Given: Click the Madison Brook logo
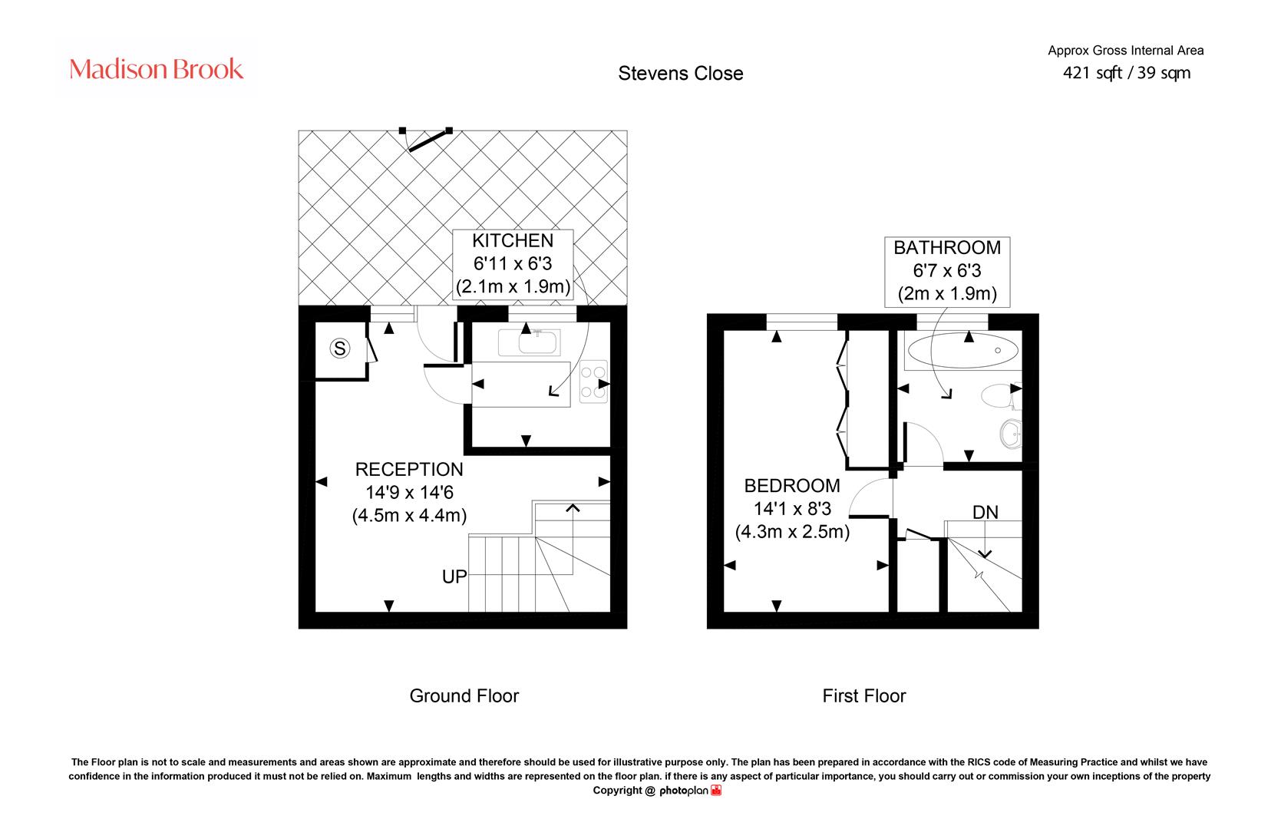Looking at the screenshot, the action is tap(156, 68).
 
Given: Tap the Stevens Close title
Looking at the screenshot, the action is tap(681, 73).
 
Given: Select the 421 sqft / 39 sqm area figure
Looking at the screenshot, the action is tap(1127, 73).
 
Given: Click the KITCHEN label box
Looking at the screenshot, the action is tap(513, 264).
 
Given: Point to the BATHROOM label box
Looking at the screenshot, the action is tap(947, 272).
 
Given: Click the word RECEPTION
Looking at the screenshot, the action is tap(409, 469).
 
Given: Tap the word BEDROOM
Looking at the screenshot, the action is tap(792, 486).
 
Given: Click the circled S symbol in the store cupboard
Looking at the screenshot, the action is tap(340, 348).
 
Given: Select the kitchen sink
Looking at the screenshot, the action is tap(529, 342).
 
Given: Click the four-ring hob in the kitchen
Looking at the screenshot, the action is tap(593, 381).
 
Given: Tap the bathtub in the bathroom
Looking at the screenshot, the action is tap(963, 351).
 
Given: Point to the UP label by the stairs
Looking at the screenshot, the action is tap(454, 576).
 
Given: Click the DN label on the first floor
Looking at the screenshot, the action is tap(986, 512).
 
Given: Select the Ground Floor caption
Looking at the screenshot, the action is tap(464, 695).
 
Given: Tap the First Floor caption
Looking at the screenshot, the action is tap(864, 695).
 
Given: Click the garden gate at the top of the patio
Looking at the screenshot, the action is tap(427, 139).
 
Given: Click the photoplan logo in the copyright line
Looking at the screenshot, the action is tap(690, 791).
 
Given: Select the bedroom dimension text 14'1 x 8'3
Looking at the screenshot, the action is tap(792, 509).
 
